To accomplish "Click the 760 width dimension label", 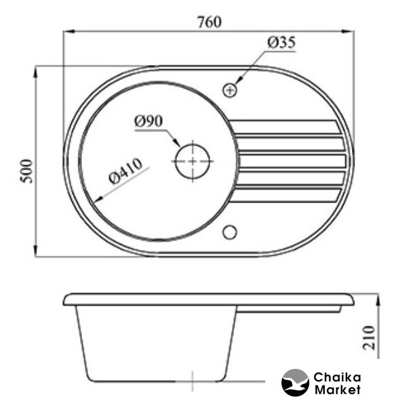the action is [x=210, y=22].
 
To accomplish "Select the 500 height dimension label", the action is [x=26, y=171].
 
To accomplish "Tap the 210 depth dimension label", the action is [x=369, y=337].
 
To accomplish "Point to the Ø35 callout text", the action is [x=281, y=43].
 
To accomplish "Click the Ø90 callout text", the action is [x=148, y=121].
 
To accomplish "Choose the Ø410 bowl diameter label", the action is [x=125, y=171].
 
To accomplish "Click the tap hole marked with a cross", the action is [x=230, y=90].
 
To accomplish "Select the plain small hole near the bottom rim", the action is [x=230, y=232].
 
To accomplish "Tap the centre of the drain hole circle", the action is [x=193, y=161].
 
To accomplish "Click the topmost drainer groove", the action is [x=285, y=127].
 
